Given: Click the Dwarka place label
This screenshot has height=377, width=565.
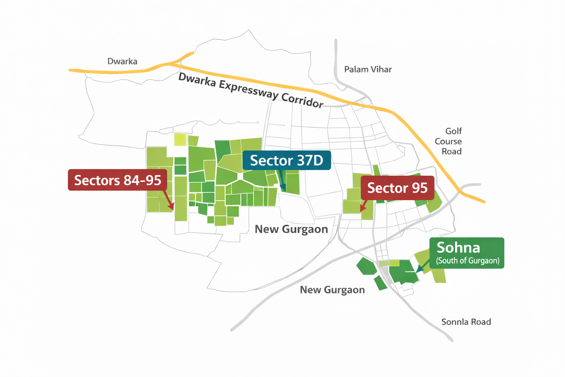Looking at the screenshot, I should [x=122, y=61].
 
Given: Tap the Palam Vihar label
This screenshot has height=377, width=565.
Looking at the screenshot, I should [x=368, y=69].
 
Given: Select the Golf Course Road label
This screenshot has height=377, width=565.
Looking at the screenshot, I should [x=448, y=141].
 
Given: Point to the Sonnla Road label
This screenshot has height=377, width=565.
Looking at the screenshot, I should [x=466, y=322].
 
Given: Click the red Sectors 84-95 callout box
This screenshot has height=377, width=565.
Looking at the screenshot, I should [x=117, y=180].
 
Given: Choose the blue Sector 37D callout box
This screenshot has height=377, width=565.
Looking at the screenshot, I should [x=287, y=160].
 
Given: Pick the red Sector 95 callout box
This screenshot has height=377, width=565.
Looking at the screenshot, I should [x=397, y=188].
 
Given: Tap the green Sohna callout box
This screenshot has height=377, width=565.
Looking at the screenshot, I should [x=467, y=253].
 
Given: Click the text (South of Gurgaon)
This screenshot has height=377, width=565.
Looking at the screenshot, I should [x=468, y=261].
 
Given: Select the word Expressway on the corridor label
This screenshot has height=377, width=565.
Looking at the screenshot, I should [x=248, y=89].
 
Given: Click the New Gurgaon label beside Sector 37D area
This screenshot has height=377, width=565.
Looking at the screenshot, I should [x=291, y=229].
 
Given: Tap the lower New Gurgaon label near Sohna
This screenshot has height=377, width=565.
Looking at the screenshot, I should [x=332, y=290].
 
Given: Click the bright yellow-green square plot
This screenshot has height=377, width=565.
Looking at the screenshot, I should [x=180, y=140].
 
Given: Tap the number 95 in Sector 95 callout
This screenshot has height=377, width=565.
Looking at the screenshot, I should [x=419, y=188].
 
